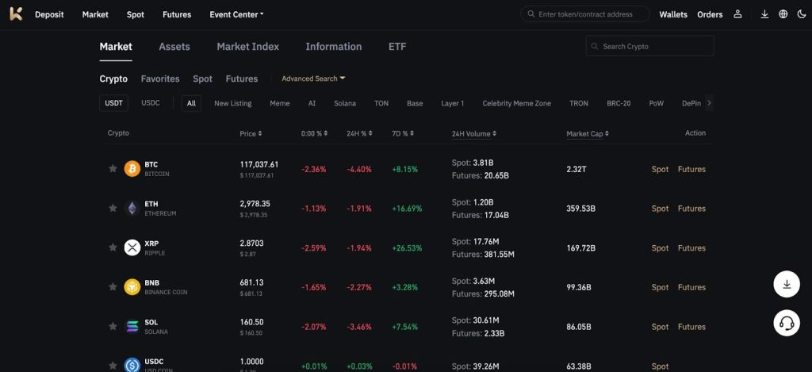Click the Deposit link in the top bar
click(49, 14)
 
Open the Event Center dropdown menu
click(236, 14)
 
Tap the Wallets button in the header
click(673, 14)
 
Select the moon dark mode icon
click(801, 14)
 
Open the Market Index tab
click(247, 47)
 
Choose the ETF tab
click(397, 47)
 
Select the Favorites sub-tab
click(160, 79)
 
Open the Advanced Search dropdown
click(313, 79)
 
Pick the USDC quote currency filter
click(151, 103)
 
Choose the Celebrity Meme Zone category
click(516, 103)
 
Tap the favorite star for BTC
click(113, 168)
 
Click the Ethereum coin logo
click(132, 209)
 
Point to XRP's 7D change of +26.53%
click(407, 248)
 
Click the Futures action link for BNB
click(691, 287)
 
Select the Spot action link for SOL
click(660, 327)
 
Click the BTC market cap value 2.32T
click(577, 169)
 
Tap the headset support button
click(787, 323)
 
